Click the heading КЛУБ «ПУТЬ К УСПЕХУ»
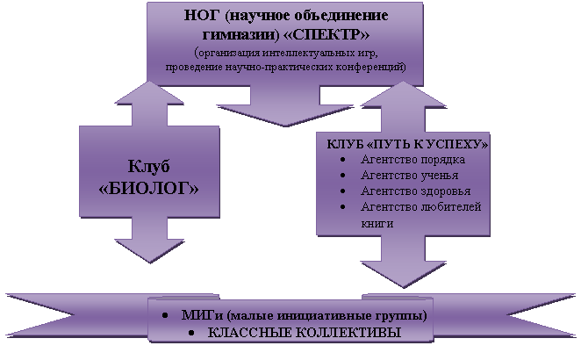pos(407,142)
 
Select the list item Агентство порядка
pos(412,159)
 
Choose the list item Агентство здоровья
pos(415,191)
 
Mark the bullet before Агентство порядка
pos(341,159)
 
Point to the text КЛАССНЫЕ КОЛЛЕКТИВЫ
pos(303,333)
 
